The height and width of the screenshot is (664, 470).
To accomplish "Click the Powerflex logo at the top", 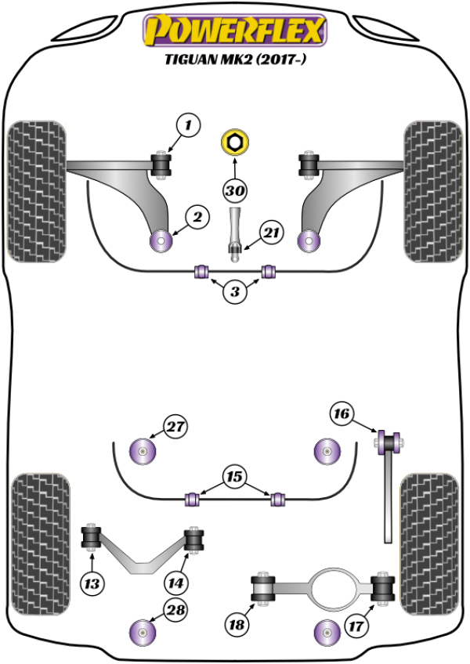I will [x=234, y=30].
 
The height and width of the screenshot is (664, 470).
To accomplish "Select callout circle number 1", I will [x=188, y=124].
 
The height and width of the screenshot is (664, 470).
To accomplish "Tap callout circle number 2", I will [x=197, y=217].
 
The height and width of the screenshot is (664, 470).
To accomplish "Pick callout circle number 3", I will [x=234, y=293].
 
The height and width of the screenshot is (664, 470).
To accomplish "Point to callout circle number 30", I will [x=233, y=190].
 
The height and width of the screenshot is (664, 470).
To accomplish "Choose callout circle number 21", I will [x=271, y=233].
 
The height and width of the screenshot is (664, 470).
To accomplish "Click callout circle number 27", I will [x=176, y=428].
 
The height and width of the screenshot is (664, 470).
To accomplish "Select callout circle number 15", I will [x=234, y=475].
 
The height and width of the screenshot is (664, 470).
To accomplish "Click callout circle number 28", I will [x=176, y=609].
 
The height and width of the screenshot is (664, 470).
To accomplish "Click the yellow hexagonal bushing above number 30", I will [x=233, y=143].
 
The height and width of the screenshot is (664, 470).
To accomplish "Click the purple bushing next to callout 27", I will [x=144, y=451].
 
